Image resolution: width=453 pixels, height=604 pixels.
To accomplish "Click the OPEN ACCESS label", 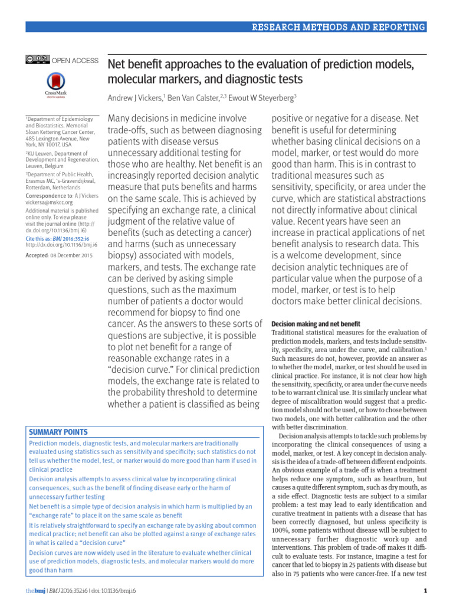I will click(75, 60).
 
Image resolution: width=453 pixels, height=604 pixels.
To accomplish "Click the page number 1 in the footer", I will click(425, 591).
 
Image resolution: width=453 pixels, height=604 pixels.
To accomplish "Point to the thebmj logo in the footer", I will click(35, 591).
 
